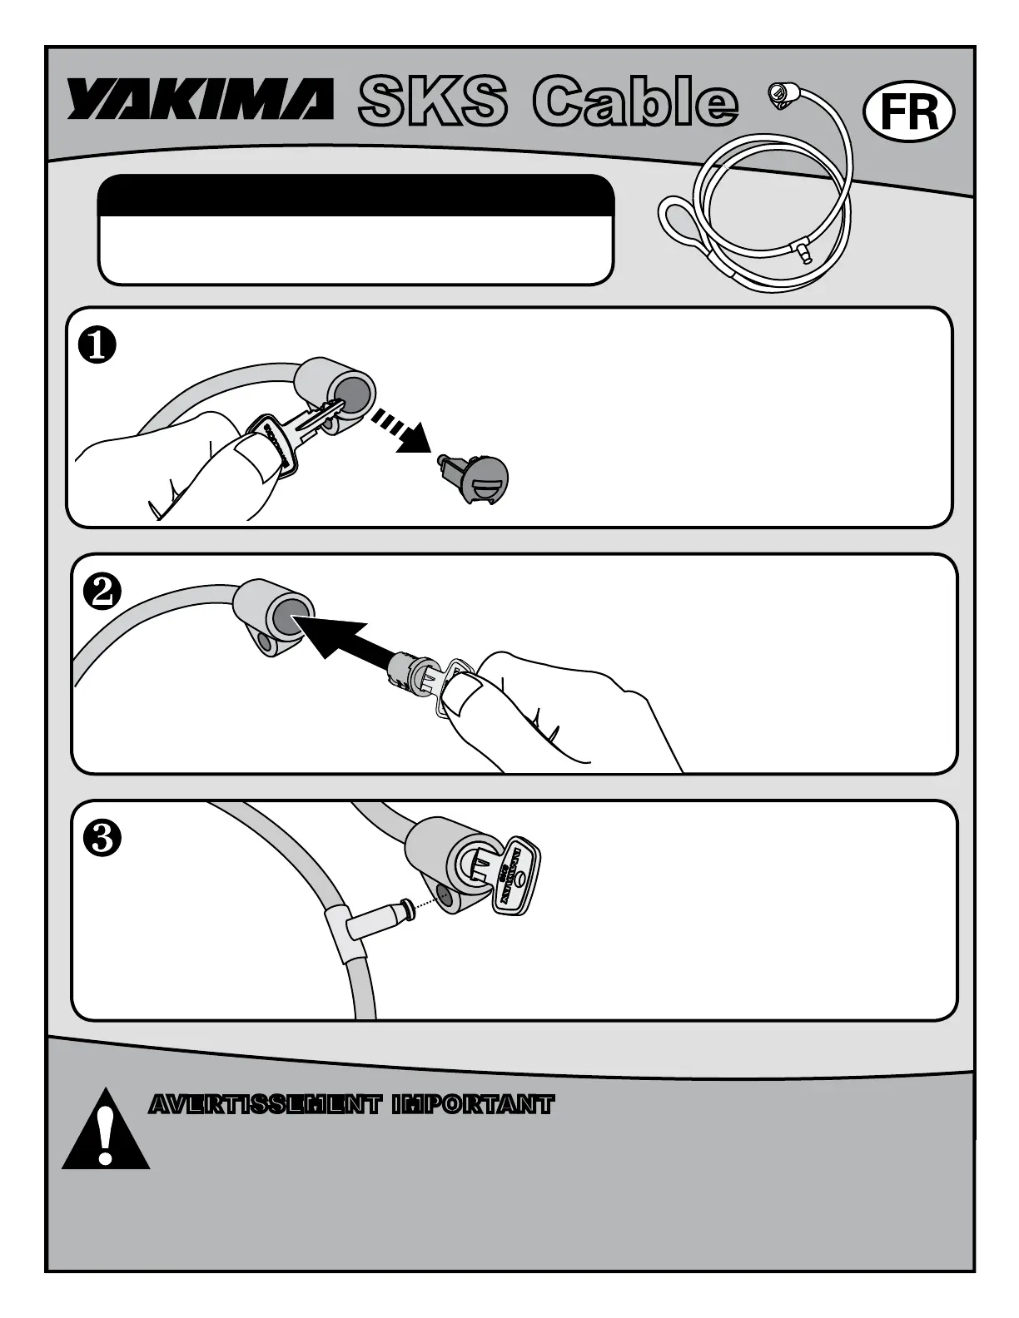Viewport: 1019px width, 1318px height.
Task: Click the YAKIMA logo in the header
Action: coord(200,100)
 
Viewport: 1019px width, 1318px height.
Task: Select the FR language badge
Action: coord(909,111)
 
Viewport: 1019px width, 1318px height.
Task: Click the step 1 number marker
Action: coord(97,346)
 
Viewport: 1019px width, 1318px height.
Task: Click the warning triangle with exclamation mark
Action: coord(106,1132)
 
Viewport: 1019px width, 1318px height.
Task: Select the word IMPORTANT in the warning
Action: coord(473,1105)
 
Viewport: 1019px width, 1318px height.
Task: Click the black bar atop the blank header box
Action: coord(355,195)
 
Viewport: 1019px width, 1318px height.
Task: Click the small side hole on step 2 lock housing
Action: coord(266,643)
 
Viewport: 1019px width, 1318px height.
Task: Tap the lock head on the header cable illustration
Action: coord(778,94)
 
